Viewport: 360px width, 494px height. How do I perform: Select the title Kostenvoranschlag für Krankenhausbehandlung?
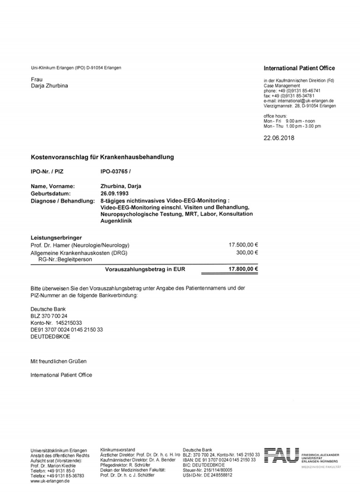click(x=102, y=157)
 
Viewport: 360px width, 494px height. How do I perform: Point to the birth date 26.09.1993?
click(x=115, y=194)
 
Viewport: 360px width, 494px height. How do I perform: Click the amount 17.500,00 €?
click(x=243, y=245)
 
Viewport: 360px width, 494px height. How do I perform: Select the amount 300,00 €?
click(x=246, y=253)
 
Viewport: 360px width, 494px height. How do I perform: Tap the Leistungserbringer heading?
click(x=56, y=237)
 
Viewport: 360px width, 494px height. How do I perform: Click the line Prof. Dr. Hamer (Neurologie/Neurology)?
click(x=80, y=245)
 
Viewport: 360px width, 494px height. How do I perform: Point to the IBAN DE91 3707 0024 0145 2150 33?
click(x=67, y=330)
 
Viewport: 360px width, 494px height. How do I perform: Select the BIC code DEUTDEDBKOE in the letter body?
click(x=50, y=337)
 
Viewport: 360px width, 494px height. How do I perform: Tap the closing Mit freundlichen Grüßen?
click(x=59, y=361)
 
